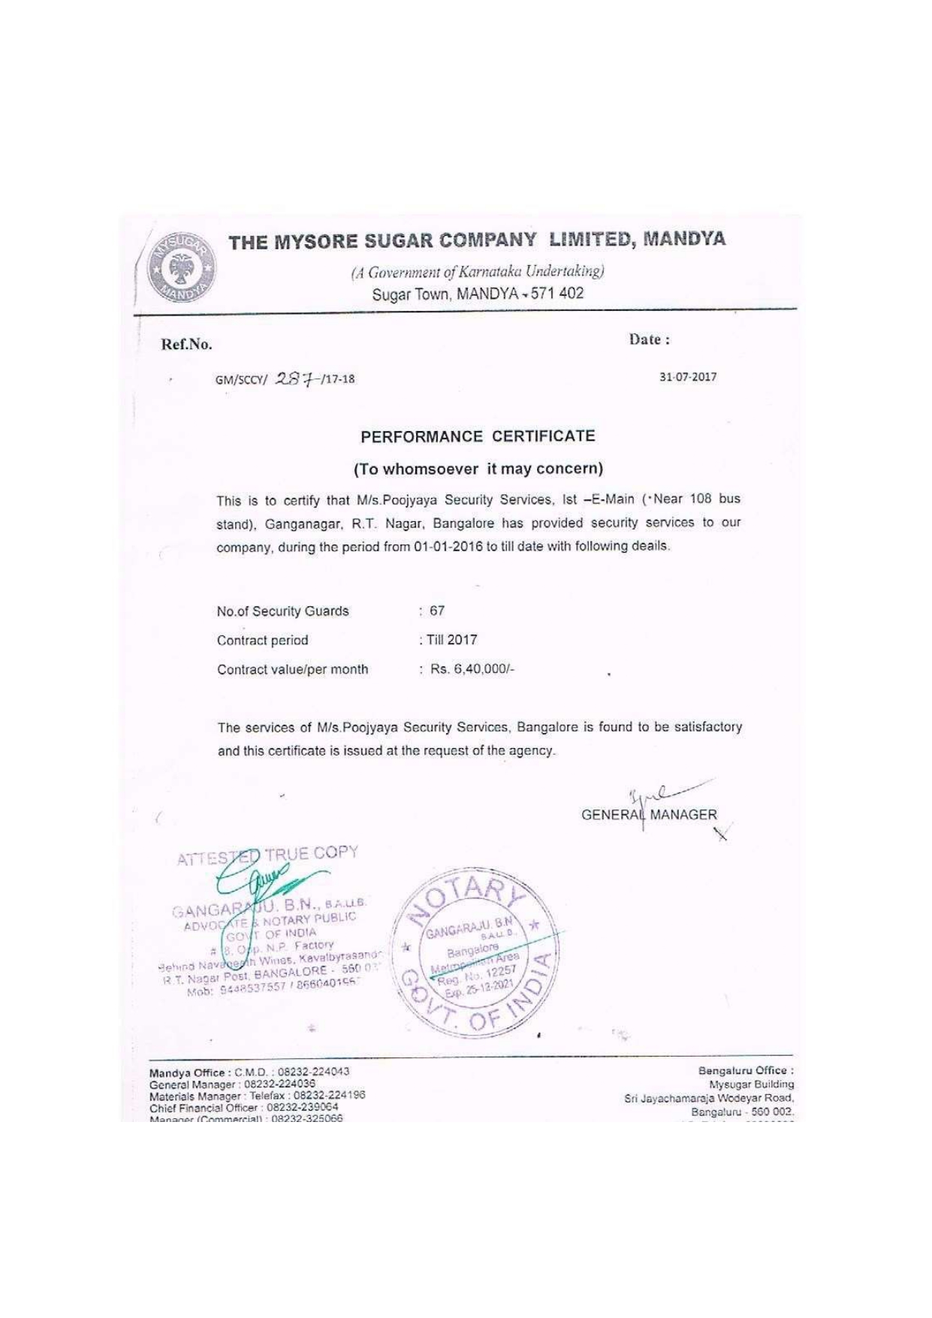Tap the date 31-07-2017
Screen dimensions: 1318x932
(687, 377)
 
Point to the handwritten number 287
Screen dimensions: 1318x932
(297, 378)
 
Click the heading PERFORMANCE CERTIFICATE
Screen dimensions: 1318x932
(478, 436)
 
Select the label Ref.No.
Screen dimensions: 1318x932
(186, 345)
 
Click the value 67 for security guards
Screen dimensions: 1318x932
(437, 611)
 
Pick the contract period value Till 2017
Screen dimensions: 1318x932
(451, 640)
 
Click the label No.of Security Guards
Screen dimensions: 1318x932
(282, 611)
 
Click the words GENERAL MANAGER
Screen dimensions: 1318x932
(649, 815)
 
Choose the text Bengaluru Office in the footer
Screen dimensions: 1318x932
(745, 1071)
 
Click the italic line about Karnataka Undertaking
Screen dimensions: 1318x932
(478, 271)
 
